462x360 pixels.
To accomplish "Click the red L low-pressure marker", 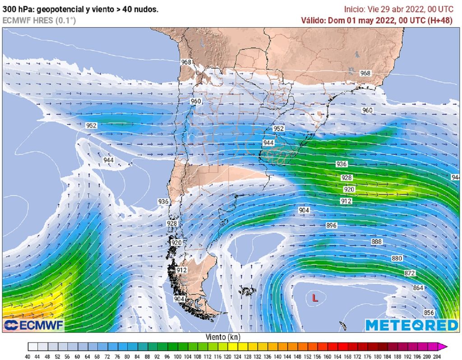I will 315,298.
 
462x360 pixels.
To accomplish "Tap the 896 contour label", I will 332,225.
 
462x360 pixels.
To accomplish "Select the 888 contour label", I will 377,242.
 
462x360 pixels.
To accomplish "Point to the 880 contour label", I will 397,258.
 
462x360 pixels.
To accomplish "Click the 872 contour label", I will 410,273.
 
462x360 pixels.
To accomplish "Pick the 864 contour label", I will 418,288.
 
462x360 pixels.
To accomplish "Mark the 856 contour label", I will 429,313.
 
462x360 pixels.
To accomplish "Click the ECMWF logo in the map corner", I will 34,325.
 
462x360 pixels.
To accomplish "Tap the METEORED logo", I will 411,325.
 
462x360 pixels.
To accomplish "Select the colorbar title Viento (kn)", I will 223,337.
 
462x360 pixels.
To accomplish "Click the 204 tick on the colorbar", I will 436,356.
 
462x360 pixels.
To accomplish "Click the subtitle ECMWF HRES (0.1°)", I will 39,20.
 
